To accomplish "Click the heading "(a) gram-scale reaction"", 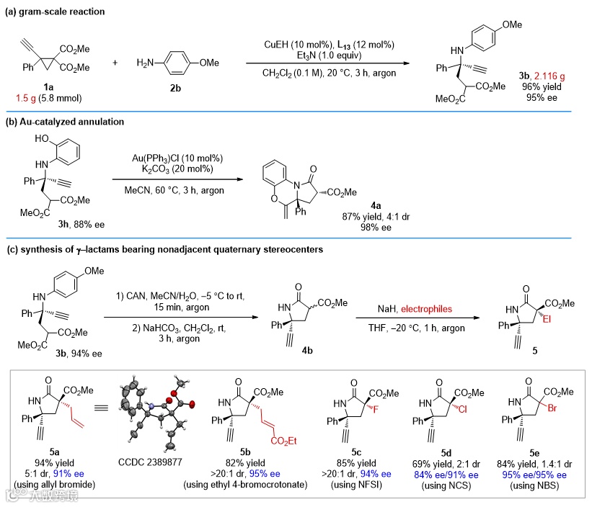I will tap(55, 12).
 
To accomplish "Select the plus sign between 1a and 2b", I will tap(115, 63).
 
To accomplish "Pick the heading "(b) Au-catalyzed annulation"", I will tap(64, 122).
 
